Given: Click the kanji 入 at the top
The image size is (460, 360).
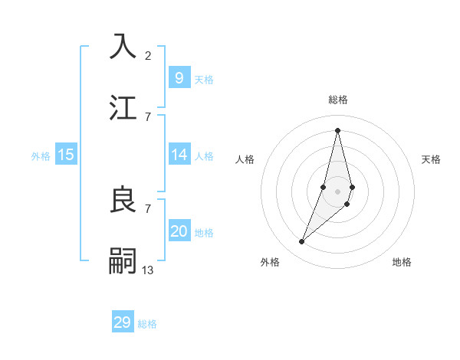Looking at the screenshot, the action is tap(123, 46).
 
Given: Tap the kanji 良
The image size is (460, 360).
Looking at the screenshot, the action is tap(123, 200).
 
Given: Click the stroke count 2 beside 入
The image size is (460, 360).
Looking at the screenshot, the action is tap(148, 55).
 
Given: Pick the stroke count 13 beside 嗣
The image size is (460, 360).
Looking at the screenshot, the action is tap(148, 270).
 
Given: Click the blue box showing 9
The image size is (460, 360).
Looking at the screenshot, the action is tap(179, 77).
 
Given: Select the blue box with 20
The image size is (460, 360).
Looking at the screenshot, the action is tap(179, 231).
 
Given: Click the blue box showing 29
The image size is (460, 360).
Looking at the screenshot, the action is tap(123, 322).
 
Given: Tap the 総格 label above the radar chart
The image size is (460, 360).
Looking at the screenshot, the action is tap(337, 100).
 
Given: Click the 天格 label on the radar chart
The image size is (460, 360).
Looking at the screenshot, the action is tap(431, 159).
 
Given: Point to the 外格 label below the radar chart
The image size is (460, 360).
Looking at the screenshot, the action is tap(270, 263).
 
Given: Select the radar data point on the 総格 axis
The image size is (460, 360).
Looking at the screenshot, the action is tap(337, 130).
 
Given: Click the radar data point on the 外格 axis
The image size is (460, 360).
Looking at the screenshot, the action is tap(302, 242).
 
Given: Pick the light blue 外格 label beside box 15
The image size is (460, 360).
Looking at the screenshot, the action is tap(41, 155).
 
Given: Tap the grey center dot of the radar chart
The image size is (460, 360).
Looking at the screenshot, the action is tap(337, 191).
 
